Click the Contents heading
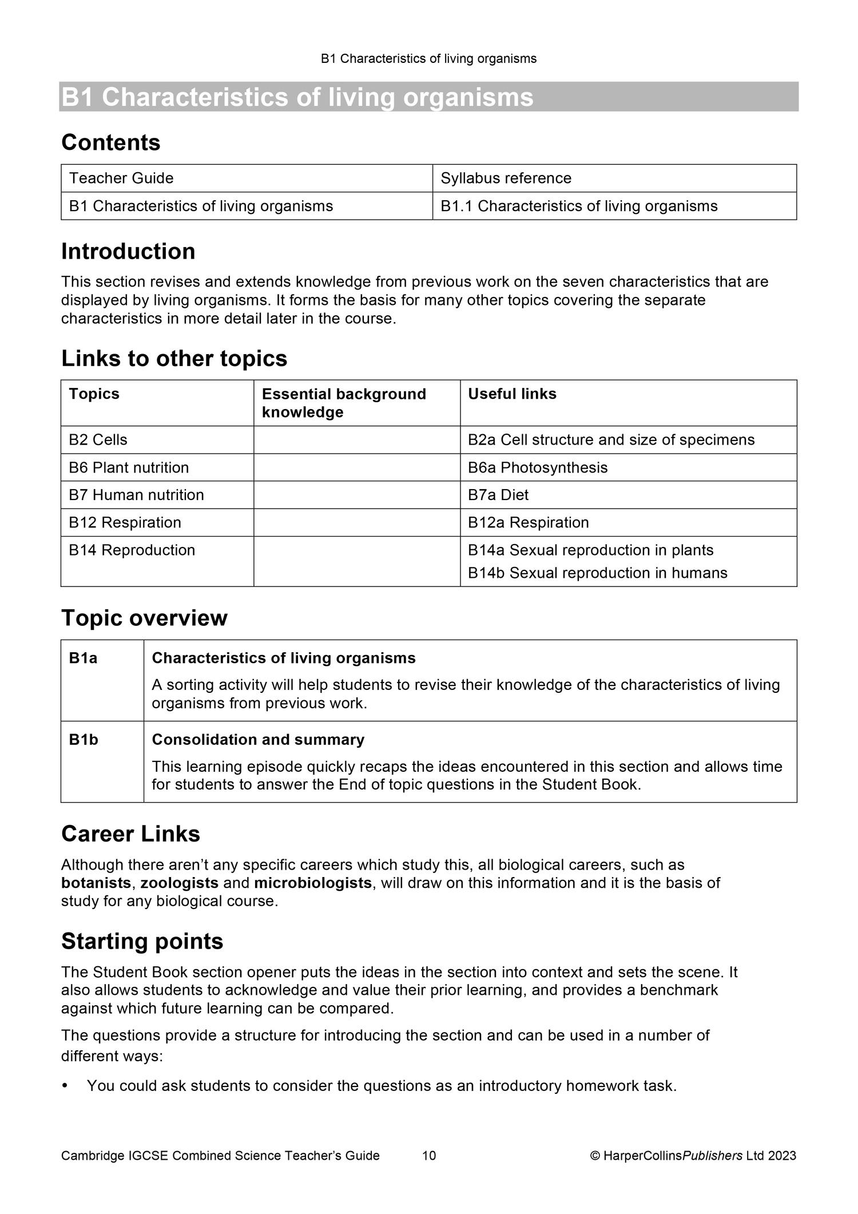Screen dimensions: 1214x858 (x=110, y=142)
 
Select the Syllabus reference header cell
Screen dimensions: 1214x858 (x=506, y=178)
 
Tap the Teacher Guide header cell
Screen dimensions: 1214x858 (x=121, y=178)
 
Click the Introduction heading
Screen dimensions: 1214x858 (x=128, y=252)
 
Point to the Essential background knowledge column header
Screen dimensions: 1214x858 (x=343, y=403)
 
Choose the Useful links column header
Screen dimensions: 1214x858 (x=512, y=394)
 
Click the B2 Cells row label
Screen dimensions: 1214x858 (x=98, y=439)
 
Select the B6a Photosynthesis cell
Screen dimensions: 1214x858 (x=537, y=467)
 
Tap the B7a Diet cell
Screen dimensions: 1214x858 (x=498, y=495)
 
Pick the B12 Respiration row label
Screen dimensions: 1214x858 (x=125, y=522)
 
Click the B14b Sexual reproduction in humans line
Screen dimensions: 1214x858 (x=597, y=573)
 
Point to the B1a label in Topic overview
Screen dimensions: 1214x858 (x=83, y=658)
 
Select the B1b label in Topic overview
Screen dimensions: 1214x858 (x=84, y=740)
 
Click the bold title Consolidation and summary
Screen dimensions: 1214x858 (x=257, y=740)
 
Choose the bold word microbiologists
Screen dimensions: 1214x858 (x=313, y=883)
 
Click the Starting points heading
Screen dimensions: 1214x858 (x=142, y=942)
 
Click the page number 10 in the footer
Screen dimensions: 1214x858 (x=429, y=1155)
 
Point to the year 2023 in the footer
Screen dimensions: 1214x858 (x=782, y=1155)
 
